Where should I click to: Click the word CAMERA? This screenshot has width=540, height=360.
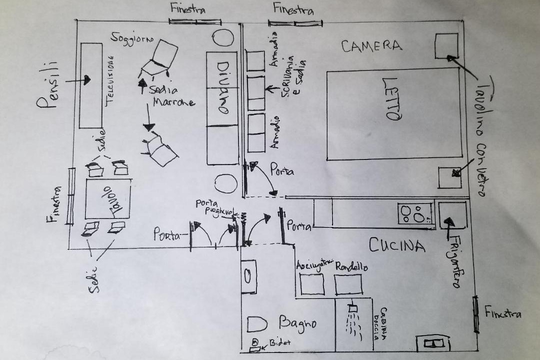[371, 46]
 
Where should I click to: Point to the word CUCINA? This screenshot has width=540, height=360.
[397, 245]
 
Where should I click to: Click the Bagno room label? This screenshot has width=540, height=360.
[297, 323]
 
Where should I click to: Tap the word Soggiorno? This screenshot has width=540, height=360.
[132, 38]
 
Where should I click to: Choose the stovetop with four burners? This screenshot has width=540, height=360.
[415, 214]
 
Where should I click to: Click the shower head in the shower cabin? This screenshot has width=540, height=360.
[353, 309]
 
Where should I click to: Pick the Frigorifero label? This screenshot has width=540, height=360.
[454, 263]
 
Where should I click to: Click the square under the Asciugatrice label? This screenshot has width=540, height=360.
[312, 284]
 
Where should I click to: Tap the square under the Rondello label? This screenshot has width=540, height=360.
[348, 284]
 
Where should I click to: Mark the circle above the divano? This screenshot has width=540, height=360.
[223, 38]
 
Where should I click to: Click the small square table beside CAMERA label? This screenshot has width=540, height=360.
[446, 45]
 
